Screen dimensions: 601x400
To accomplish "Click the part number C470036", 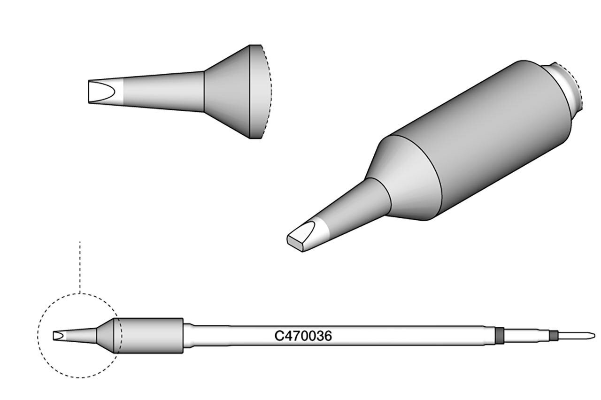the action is tap(303, 336).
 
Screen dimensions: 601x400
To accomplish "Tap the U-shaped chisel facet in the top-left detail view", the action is tap(101, 92).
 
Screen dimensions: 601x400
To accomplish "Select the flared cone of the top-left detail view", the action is tap(227, 92).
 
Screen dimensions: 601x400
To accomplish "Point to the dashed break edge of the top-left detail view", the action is tap(268, 92).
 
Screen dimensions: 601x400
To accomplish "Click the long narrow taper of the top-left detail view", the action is tap(161, 92).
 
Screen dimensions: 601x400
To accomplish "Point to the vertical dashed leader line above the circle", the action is tap(80, 267).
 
